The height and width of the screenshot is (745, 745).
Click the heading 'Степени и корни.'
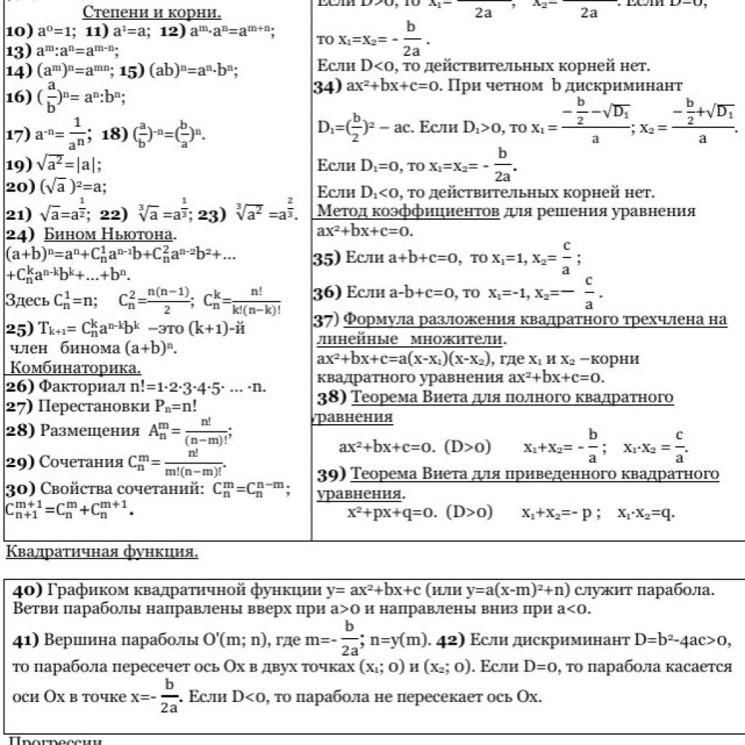click(x=151, y=12)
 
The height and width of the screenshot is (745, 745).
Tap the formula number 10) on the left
click(x=15, y=31)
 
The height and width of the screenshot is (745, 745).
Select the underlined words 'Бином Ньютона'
click(x=109, y=235)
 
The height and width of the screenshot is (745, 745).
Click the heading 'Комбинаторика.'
click(x=75, y=366)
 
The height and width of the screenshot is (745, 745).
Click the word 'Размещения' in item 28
click(x=89, y=431)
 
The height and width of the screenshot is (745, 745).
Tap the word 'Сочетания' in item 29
click(x=82, y=463)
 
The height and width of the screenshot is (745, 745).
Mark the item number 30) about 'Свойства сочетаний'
click(x=20, y=489)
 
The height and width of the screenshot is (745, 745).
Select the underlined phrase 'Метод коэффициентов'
click(x=407, y=212)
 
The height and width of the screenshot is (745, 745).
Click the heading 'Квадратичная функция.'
click(x=102, y=551)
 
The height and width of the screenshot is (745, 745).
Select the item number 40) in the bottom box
click(x=28, y=590)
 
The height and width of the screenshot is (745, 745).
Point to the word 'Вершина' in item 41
click(x=74, y=640)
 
